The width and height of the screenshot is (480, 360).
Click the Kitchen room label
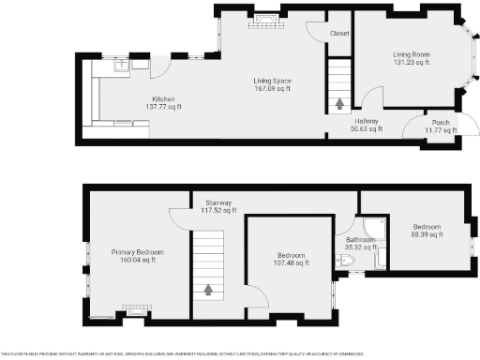163,99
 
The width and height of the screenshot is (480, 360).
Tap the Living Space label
272,81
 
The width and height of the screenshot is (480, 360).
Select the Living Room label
411,54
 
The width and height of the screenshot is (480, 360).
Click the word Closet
339,34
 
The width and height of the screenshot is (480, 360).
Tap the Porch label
439,123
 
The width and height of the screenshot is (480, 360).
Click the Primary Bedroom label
138,252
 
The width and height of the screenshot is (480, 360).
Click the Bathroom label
359,240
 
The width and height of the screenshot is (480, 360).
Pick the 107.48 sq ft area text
291,262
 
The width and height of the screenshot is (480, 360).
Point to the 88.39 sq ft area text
427,234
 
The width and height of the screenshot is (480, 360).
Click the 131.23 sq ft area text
411,63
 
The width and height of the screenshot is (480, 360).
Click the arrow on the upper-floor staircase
208,290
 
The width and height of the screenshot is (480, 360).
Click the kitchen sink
122,67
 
